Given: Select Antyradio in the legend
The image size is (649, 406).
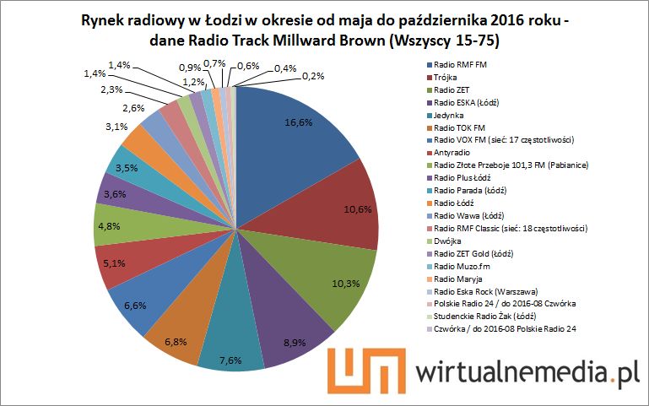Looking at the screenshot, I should pos(456,152).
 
